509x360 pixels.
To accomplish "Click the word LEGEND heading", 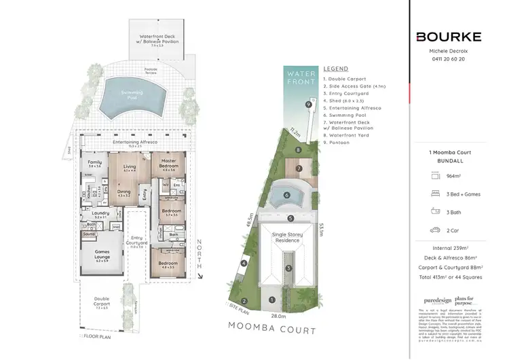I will point(335,69).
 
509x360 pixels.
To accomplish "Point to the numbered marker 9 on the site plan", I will point(308,105).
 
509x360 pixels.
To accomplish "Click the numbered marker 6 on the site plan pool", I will point(287,196).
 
